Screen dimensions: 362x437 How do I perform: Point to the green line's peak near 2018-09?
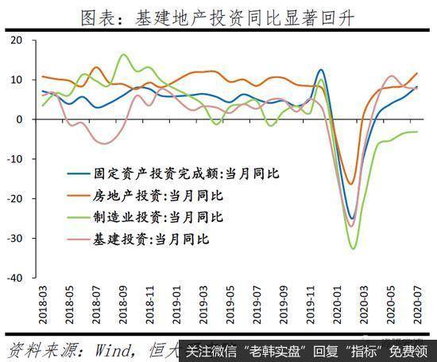coord(123,55)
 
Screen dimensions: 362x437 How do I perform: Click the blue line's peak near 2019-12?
coord(320,70)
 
